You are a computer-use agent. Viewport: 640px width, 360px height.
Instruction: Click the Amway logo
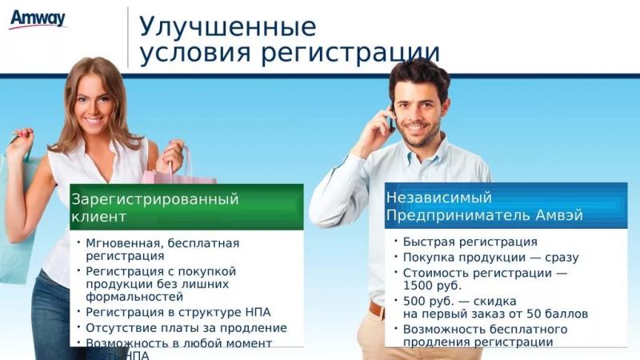click(x=37, y=18)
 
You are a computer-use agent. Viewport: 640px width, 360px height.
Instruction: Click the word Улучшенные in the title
click(x=228, y=26)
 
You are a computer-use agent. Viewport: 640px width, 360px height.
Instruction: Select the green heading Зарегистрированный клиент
click(x=154, y=207)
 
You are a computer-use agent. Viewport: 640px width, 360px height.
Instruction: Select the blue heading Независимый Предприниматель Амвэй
click(x=484, y=206)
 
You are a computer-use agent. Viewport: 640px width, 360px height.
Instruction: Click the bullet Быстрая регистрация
click(x=470, y=242)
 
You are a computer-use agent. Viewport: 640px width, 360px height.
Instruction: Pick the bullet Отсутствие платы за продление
click(x=186, y=327)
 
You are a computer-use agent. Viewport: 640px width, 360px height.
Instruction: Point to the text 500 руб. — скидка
click(x=450, y=301)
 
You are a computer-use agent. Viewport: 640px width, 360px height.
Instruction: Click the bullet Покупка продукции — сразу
click(x=490, y=258)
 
